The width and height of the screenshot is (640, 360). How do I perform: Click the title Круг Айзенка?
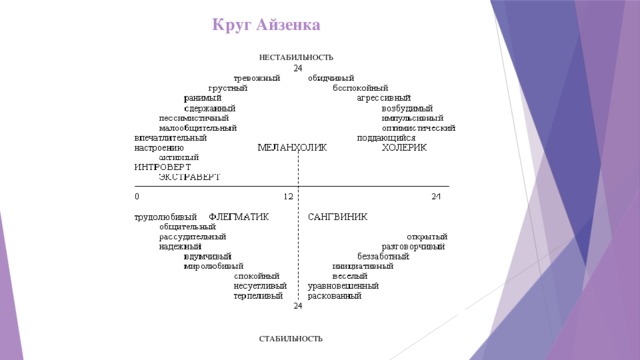(x=266, y=23)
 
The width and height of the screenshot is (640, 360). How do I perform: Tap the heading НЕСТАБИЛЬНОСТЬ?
(x=296, y=58)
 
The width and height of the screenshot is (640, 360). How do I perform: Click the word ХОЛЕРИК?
(x=404, y=148)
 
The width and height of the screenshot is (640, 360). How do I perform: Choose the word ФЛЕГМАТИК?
(x=238, y=216)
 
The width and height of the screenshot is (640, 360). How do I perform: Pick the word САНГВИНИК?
(x=337, y=216)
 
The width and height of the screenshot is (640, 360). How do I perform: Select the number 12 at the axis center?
(x=288, y=196)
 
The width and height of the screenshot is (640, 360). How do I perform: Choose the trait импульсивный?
(x=412, y=118)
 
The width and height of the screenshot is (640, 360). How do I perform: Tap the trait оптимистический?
(x=419, y=128)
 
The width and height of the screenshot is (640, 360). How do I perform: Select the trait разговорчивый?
(x=413, y=246)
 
